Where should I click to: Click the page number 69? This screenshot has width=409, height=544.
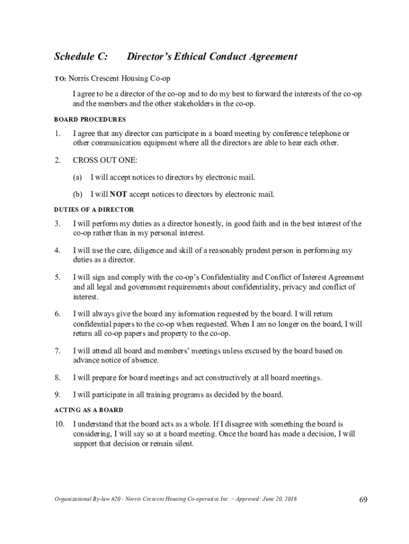coord(363,499)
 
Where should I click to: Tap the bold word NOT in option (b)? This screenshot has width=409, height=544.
coord(118,194)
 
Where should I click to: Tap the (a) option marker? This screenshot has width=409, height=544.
coord(78,177)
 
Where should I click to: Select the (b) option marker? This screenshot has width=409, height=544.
coord(78,194)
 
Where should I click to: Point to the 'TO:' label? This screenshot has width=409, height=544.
coord(60,79)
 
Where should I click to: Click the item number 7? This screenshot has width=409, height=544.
coord(57,351)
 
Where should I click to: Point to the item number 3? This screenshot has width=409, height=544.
coord(57,224)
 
